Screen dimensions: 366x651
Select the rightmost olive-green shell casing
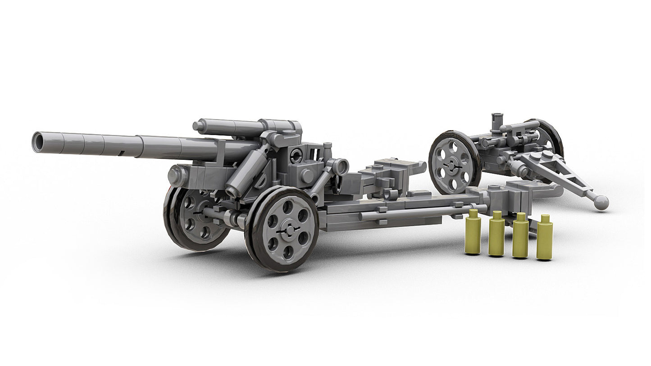click(544, 238)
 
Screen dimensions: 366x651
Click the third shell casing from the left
click(520, 236)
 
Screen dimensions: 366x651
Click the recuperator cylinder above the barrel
click(230, 127)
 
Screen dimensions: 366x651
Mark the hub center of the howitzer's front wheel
click(288, 230)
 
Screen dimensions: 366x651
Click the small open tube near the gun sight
click(341, 167)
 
